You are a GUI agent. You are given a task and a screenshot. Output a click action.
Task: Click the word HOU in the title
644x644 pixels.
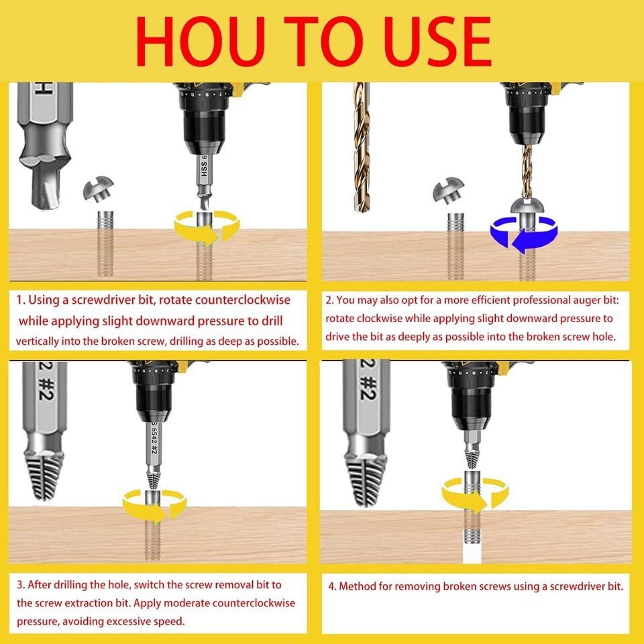(201, 42)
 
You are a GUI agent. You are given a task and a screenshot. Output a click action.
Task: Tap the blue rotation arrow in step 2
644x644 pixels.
(524, 235)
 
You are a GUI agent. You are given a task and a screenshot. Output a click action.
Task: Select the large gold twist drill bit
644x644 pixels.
(362, 147)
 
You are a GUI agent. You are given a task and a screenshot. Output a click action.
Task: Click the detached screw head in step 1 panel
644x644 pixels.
(98, 189)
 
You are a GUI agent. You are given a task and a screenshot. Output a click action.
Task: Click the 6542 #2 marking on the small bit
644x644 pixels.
(154, 440)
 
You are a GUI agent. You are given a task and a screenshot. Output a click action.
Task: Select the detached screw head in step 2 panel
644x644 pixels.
(449, 190)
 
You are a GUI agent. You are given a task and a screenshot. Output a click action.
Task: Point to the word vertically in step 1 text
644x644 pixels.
(38, 341)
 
